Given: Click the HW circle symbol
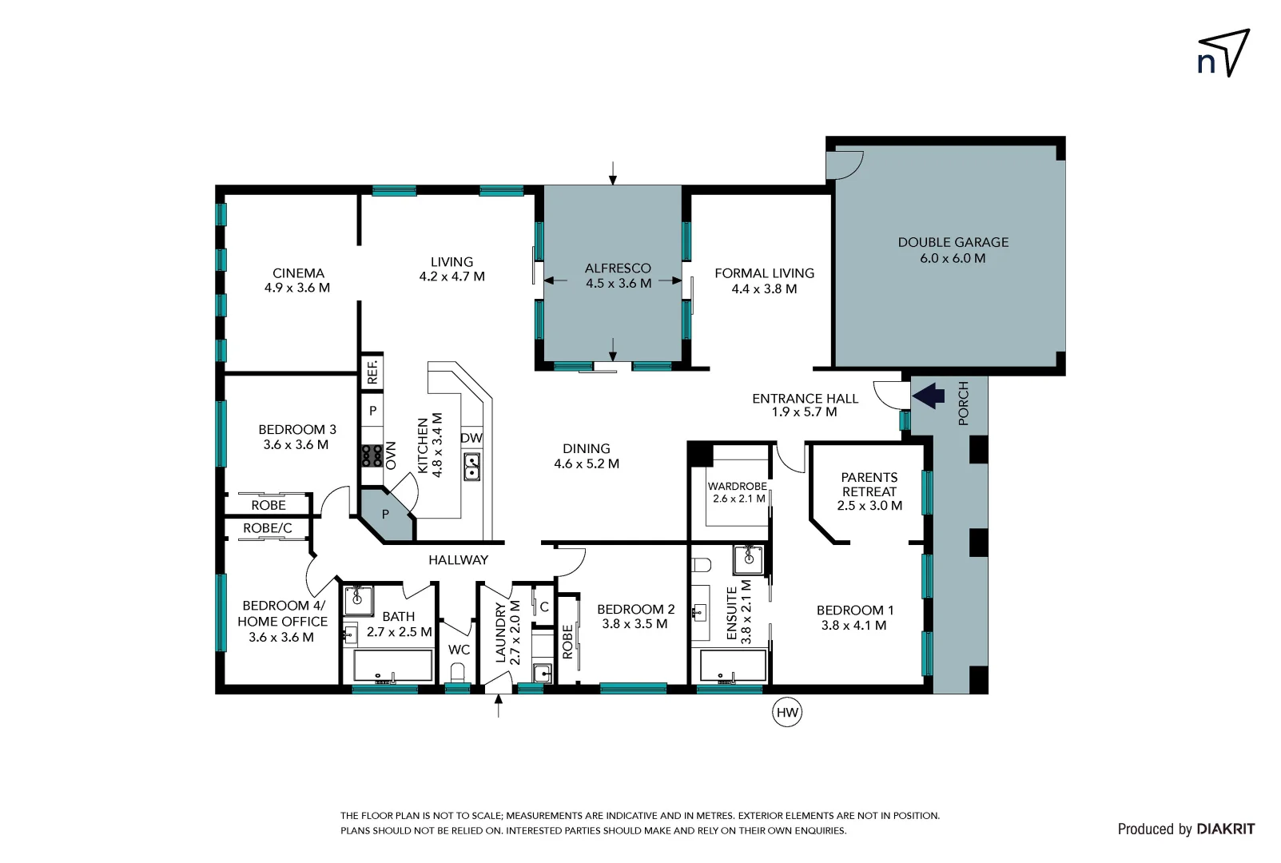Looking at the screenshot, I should tap(787, 712).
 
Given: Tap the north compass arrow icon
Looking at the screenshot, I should tap(1223, 54).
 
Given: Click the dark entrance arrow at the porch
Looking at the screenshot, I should tap(929, 395).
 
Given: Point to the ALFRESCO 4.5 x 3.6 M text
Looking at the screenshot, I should tap(618, 276).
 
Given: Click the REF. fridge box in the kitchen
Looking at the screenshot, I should tap(372, 372).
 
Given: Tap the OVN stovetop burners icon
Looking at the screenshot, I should tap(372, 455).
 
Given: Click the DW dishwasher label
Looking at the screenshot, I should tap(471, 438).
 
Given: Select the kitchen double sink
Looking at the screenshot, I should tap(472, 467).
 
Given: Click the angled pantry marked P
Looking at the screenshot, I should tap(386, 515).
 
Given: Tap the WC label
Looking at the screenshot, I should tap(459, 650).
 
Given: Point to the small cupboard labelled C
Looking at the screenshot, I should tap(544, 606).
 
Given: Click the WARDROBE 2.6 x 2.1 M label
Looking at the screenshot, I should tap(737, 491).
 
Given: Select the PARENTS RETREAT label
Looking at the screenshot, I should tap(869, 484).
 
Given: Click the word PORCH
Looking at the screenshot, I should tap(963, 403).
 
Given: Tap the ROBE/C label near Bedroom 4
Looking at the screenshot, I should tap(267, 528).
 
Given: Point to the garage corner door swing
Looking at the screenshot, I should tap(844, 164).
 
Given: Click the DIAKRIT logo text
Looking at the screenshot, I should tap(1226, 829).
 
